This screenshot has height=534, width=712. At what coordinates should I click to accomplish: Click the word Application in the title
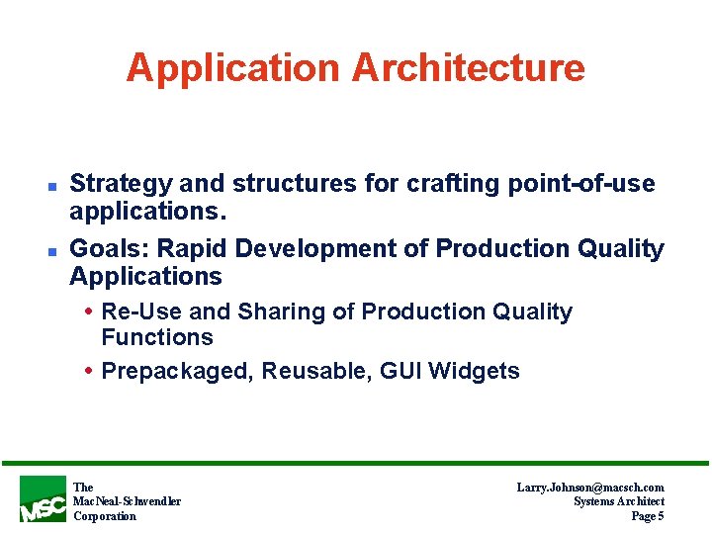(233, 68)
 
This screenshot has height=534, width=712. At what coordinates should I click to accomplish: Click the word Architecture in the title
(469, 67)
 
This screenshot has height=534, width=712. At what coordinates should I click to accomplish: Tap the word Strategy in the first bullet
(122, 185)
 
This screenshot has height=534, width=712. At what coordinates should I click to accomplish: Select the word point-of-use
(581, 185)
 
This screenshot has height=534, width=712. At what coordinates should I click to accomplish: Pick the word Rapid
(191, 250)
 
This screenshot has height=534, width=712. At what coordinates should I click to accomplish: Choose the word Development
(315, 250)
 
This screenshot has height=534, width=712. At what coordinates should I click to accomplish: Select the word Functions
(157, 337)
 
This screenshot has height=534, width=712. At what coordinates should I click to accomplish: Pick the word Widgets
(474, 372)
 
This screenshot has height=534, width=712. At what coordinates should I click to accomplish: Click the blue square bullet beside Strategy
(52, 187)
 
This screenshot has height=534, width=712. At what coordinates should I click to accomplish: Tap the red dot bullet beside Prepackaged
(89, 371)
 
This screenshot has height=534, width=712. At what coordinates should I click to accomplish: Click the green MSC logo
(43, 499)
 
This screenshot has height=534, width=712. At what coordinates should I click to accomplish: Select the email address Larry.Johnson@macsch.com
(590, 488)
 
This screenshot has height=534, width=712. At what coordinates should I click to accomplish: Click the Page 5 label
(648, 516)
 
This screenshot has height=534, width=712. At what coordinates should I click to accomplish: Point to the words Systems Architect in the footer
(619, 501)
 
